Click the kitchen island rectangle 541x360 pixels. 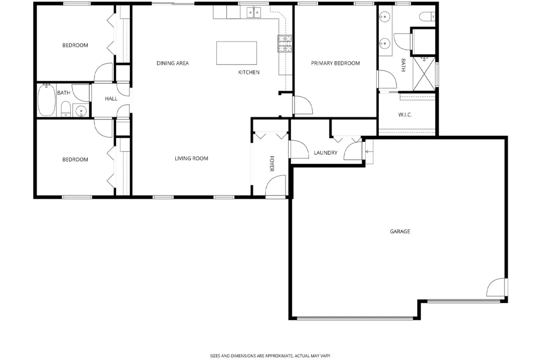click(236, 53)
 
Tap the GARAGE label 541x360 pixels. click(400, 231)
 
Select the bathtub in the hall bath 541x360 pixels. click(46, 100)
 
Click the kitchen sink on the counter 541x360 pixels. click(254, 13)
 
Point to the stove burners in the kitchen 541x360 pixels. click(285, 43)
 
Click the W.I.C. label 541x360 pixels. click(405, 115)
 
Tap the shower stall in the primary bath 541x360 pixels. click(424, 74)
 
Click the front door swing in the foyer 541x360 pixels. click(276, 186)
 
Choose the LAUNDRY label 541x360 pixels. click(326, 153)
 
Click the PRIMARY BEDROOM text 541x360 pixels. click(335, 63)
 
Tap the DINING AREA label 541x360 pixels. click(172, 63)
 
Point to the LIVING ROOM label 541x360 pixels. click(191, 159)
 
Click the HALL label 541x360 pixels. click(111, 99)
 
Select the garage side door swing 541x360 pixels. click(496, 287)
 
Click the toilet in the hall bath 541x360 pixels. click(66, 109)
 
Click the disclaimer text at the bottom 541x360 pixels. click(270, 355)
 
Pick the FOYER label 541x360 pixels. click(272, 163)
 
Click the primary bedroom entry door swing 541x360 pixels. click(303, 105)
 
